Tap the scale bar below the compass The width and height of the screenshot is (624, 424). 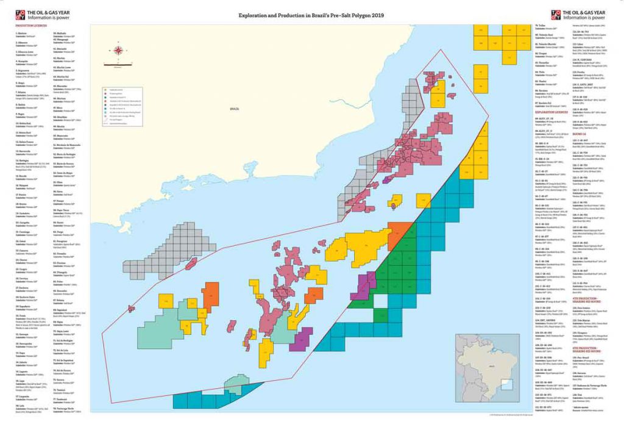click(x=118, y=63)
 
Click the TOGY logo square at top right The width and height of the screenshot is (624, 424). click(x=555, y=13)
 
